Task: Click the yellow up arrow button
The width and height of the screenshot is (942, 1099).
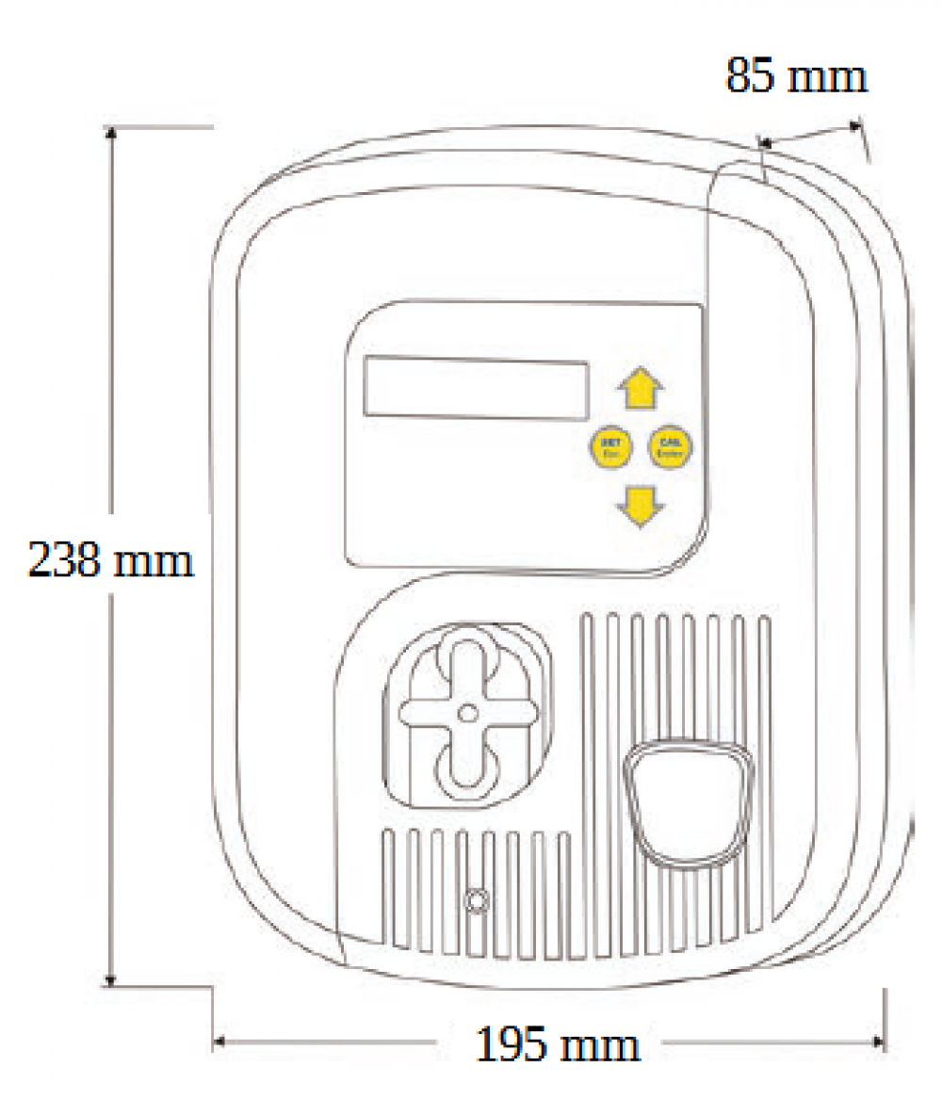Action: tap(641, 387)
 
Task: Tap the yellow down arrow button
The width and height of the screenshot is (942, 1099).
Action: tap(641, 506)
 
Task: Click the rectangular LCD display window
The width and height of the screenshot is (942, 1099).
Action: tap(476, 387)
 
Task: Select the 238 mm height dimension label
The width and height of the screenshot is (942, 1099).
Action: tap(110, 560)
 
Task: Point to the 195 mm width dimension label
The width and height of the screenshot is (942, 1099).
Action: tap(558, 1044)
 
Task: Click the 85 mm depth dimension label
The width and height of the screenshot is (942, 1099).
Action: tap(796, 76)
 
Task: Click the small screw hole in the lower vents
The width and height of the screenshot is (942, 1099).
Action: tap(478, 901)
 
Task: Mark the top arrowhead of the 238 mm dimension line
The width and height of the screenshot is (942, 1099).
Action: tap(112, 133)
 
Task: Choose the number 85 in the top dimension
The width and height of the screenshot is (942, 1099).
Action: tap(750, 76)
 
